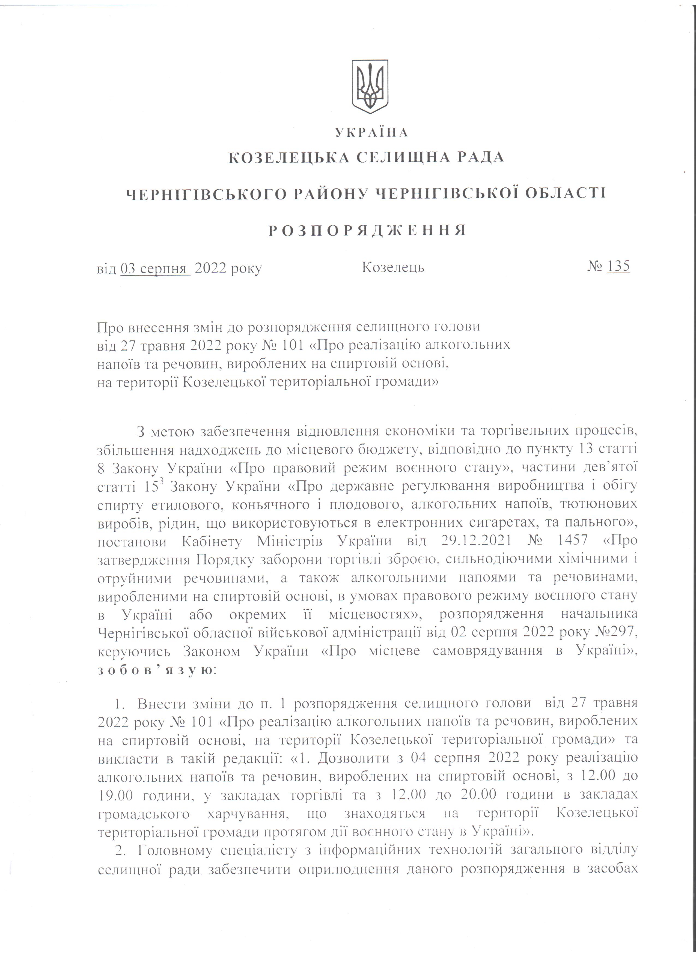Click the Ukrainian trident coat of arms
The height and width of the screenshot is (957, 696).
click(370, 86)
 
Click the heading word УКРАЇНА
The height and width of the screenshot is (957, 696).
click(371, 133)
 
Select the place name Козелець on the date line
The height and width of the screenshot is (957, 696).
click(393, 268)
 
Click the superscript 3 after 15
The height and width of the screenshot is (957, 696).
click(160, 482)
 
